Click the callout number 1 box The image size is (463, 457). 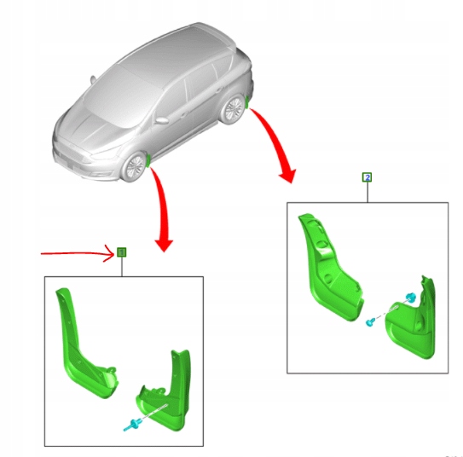pyautogui.click(x=121, y=252)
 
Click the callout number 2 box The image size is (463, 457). pyautogui.click(x=368, y=177)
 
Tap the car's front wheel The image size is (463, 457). pyautogui.click(x=135, y=166)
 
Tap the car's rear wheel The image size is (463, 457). pyautogui.click(x=232, y=108)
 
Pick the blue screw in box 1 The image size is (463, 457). pyautogui.click(x=131, y=424)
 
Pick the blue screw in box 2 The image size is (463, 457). pyautogui.click(x=373, y=323)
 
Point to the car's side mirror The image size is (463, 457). pyautogui.click(x=161, y=120)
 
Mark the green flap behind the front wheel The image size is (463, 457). pyautogui.click(x=150, y=160)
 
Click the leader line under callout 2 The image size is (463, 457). pyautogui.click(x=368, y=193)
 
